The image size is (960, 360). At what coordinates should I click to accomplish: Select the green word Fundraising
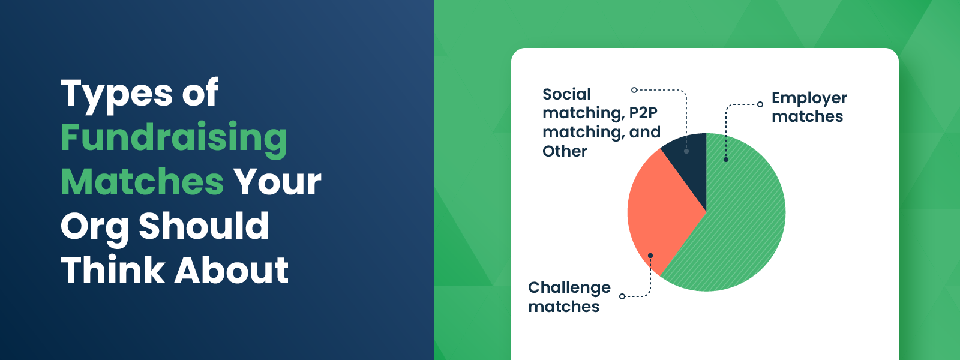tap(174, 138)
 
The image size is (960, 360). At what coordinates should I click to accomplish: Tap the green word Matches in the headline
tap(142, 182)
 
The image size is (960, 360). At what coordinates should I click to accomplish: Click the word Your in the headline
tap(277, 182)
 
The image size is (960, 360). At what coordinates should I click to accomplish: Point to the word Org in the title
tap(94, 227)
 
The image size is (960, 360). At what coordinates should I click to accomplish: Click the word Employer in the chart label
tap(809, 98)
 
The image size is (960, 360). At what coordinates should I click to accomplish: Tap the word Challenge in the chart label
tap(569, 288)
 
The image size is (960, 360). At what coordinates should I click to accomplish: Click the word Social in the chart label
tap(566, 94)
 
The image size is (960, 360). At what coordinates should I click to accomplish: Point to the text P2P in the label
tap(643, 113)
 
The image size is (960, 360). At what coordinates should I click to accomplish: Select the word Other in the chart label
tap(565, 151)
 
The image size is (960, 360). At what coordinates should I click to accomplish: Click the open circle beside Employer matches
tap(760, 104)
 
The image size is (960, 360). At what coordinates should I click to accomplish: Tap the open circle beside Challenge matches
tap(622, 296)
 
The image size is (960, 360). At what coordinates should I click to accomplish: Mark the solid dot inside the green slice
tap(726, 160)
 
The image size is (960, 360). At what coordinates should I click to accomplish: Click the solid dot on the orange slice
tap(650, 256)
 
